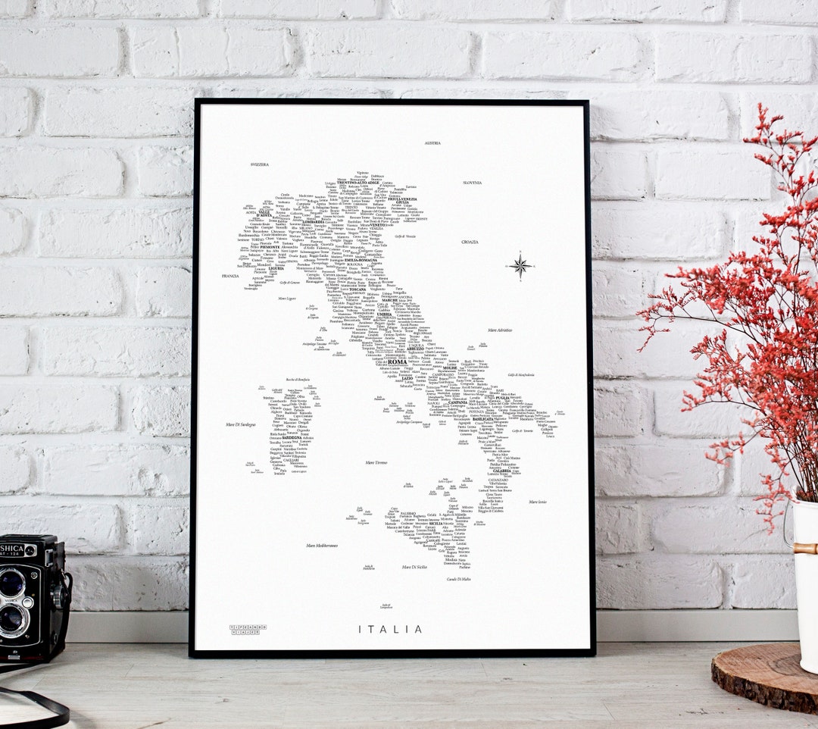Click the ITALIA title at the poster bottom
(390, 629)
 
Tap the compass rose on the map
(520, 265)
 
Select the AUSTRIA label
(432, 142)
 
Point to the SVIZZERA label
(260, 164)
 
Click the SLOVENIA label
(473, 182)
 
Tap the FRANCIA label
(230, 276)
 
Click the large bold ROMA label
(397, 362)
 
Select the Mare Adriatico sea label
(500, 330)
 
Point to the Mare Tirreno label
(376, 462)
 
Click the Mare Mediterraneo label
(322, 546)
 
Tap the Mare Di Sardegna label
(241, 424)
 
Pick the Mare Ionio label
(538, 502)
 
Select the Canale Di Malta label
(458, 579)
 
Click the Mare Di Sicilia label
(414, 567)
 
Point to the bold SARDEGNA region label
(291, 437)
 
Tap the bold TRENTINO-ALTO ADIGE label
(357, 183)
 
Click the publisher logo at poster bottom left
(248, 629)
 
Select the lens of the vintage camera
(13, 584)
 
